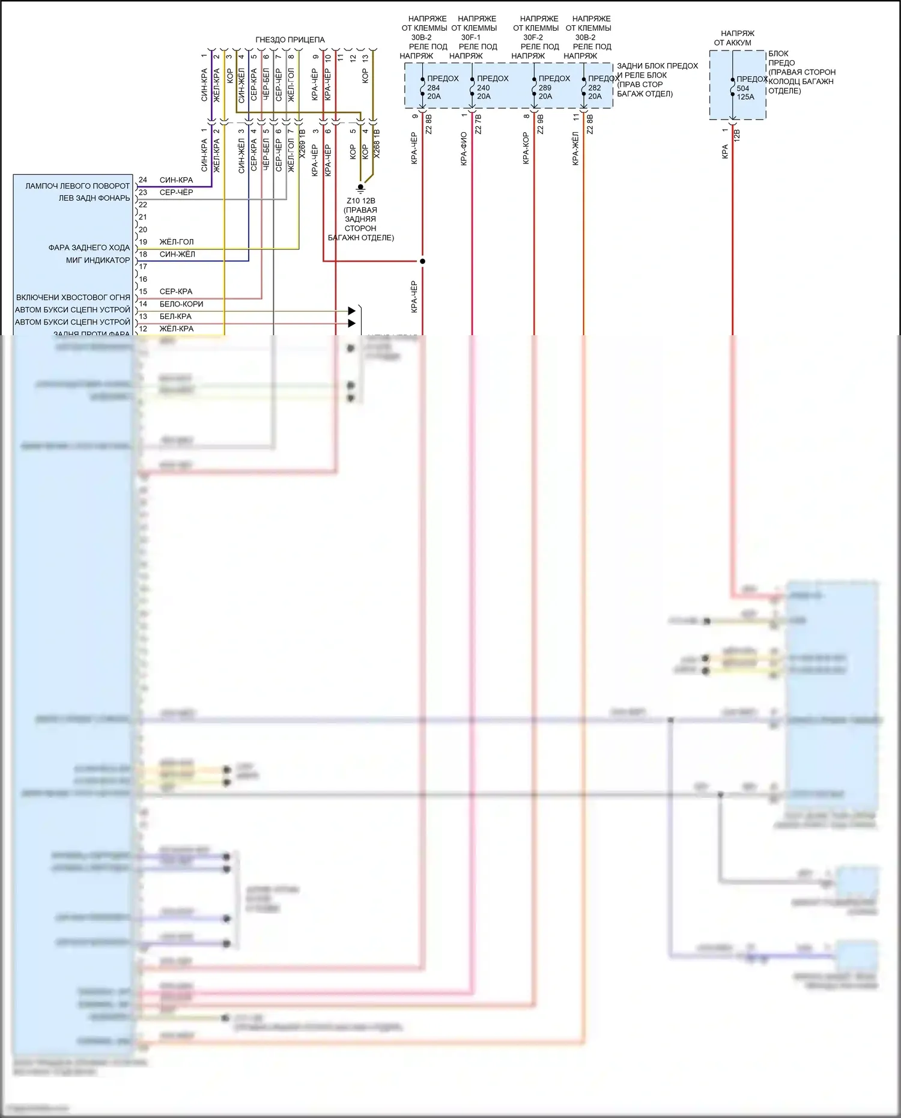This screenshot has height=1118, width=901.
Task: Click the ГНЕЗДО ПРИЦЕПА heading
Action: [x=290, y=40]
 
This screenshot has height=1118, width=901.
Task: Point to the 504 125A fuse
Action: [x=744, y=93]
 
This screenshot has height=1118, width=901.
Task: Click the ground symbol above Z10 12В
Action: [x=360, y=187]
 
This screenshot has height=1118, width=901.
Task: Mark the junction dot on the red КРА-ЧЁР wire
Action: [x=422, y=261]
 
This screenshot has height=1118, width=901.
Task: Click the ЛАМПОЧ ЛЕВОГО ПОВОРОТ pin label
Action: [x=77, y=186]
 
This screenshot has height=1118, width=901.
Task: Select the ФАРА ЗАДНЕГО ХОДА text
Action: [x=89, y=248]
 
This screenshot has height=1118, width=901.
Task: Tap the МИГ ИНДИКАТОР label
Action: [x=98, y=260]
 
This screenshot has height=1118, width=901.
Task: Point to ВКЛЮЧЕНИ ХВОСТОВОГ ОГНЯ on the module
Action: [x=73, y=297]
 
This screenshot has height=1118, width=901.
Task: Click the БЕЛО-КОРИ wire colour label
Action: [x=181, y=304]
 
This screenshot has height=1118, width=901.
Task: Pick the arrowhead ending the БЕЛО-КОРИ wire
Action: [x=351, y=311]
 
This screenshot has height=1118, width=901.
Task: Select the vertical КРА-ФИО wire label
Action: [x=464, y=149]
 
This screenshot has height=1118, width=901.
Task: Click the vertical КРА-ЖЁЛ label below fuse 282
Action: [x=575, y=149]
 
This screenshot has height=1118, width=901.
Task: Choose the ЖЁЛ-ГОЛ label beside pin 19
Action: [x=177, y=242]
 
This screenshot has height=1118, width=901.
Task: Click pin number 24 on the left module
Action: [x=143, y=180]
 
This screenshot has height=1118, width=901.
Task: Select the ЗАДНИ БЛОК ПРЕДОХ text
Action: [x=657, y=66]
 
